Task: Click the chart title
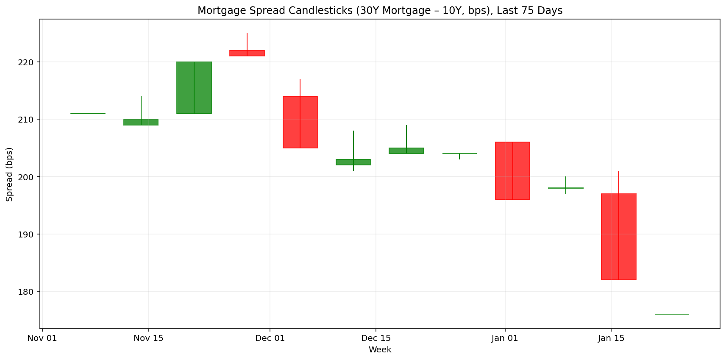[x=380, y=11]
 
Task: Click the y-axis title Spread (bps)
[x=9, y=174]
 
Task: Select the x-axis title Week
[x=380, y=350]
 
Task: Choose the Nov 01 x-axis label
[x=42, y=338]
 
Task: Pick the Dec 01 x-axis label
[x=270, y=338]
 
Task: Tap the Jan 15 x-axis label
[x=611, y=338]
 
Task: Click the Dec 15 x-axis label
[x=376, y=338]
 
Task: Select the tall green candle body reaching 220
[x=194, y=88]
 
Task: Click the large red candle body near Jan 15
[x=619, y=237]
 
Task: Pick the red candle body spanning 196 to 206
[x=513, y=171]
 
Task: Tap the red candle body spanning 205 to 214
[x=300, y=122]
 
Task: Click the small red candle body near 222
[x=247, y=53]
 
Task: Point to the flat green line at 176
[x=672, y=314]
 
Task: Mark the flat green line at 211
[x=88, y=113]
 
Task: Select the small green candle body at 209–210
[x=141, y=122]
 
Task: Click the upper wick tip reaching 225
[x=247, y=34]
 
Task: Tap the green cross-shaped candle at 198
[x=566, y=188]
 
